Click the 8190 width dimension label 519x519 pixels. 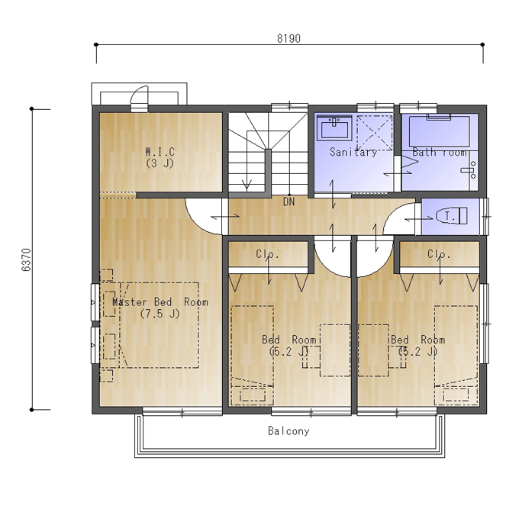[289, 38]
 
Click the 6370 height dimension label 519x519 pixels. [26, 259]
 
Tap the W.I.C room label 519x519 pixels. [160, 152]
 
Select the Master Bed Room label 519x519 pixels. [160, 302]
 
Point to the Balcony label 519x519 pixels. [289, 430]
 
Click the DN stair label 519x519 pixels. [289, 201]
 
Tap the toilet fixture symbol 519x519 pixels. [451, 216]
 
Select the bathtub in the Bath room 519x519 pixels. [440, 131]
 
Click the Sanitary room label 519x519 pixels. [353, 152]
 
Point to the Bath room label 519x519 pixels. [440, 152]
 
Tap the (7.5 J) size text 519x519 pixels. [160, 314]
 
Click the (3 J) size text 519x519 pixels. [160, 163]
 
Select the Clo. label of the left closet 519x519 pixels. [267, 254]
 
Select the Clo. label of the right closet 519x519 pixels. [439, 254]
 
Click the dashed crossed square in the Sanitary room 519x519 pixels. [374, 133]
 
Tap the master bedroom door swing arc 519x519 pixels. [197, 224]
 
